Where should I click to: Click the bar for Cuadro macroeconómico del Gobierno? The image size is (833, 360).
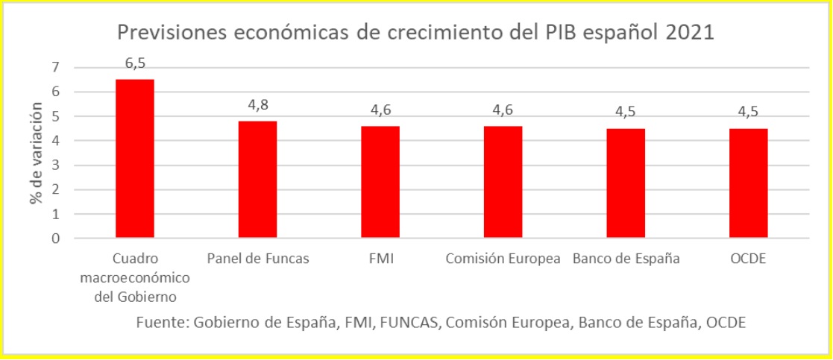point(134,159)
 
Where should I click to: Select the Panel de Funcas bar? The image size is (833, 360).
point(257,180)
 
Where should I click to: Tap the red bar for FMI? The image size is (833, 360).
point(380,183)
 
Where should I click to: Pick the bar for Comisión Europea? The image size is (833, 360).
point(503,183)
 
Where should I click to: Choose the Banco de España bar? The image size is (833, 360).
point(626,183)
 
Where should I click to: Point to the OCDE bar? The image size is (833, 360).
point(748,183)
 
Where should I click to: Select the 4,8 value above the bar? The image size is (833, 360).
point(258,105)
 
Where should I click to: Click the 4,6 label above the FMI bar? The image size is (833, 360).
point(380,110)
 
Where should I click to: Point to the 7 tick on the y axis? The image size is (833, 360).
point(54,68)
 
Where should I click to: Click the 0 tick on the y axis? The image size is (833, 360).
point(54,239)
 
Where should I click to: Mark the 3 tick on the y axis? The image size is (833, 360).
point(54,165)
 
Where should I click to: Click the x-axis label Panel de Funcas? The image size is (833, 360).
point(257,259)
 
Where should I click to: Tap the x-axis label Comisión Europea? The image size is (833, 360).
point(503,259)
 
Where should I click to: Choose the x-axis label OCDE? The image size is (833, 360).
point(748,259)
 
